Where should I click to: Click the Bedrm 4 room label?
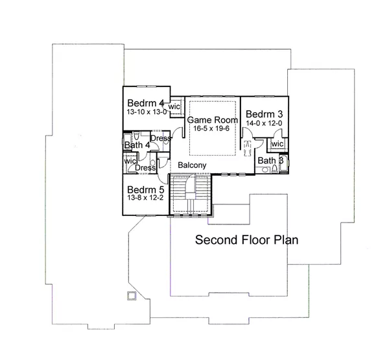pyautogui.click(x=146, y=102)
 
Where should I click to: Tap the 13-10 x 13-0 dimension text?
pyautogui.click(x=147, y=112)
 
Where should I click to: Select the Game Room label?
pyautogui.click(x=213, y=120)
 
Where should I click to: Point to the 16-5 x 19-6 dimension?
pyautogui.click(x=211, y=128)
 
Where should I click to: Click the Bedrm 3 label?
pyautogui.click(x=264, y=114)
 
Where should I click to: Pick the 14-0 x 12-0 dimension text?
pyautogui.click(x=264, y=123)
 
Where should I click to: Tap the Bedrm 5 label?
pyautogui.click(x=146, y=189)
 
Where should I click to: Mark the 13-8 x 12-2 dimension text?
pyautogui.click(x=145, y=198)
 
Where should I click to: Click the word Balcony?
pyautogui.click(x=192, y=165)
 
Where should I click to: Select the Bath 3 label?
pyautogui.click(x=270, y=161)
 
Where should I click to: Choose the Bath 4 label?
pyautogui.click(x=137, y=145)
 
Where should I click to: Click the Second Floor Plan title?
pyautogui.click(x=246, y=240)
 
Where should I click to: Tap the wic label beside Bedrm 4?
pyautogui.click(x=174, y=106)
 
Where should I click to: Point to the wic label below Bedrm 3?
pyautogui.click(x=277, y=144)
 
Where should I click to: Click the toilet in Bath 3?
pyautogui.click(x=274, y=169)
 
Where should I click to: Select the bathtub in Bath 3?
pyautogui.click(x=284, y=163)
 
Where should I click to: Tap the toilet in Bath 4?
pyautogui.click(x=136, y=136)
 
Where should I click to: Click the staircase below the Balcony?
pyautogui.click(x=190, y=194)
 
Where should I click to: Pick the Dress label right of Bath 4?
pyautogui.click(x=161, y=138)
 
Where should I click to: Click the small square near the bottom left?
pyautogui.click(x=132, y=295)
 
